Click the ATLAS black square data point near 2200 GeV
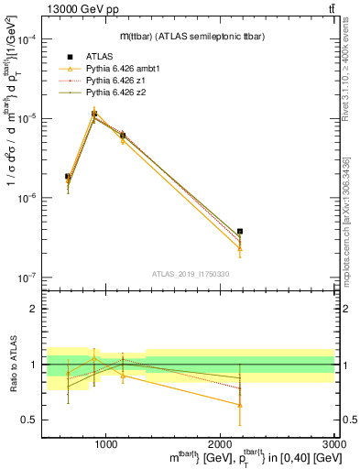(x=240, y=232)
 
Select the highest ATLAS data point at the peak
(x=94, y=115)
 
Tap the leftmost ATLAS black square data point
(x=68, y=176)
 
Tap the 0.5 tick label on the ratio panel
(x=28, y=420)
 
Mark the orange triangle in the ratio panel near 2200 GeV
(x=240, y=404)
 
